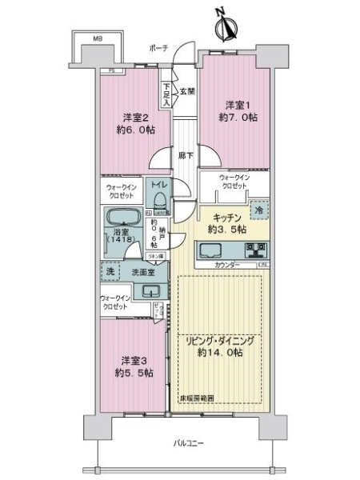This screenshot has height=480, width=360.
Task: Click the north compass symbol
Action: [223, 27]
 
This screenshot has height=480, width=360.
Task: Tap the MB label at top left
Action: [96, 38]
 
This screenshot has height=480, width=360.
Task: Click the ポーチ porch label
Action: [158, 48]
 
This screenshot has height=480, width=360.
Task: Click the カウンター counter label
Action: [228, 264]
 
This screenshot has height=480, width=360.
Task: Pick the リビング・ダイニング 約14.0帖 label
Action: [221, 346]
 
